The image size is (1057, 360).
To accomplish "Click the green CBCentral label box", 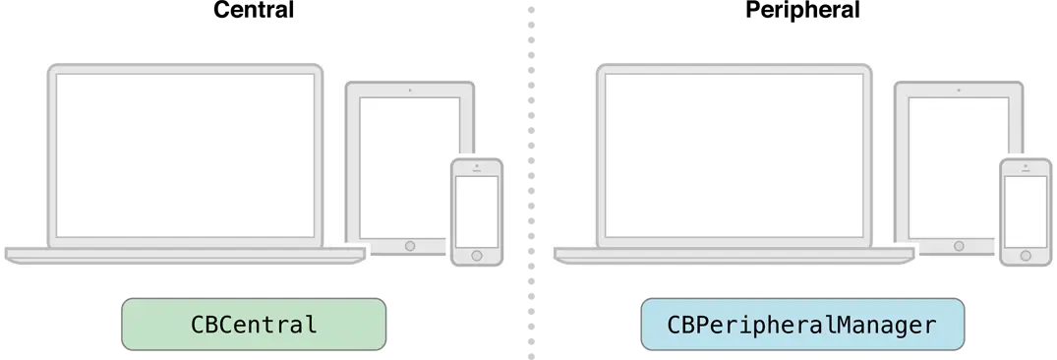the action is click(253, 326).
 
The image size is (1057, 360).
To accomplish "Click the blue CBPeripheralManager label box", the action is click(802, 326).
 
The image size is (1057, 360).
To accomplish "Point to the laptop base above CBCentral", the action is click(185, 255).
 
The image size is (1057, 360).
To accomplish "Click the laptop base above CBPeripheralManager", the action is click(734, 255).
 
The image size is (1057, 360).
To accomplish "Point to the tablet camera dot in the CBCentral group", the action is click(410, 90).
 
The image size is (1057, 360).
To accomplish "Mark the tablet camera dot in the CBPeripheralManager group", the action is click(959, 90).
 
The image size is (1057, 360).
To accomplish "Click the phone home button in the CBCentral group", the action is click(477, 254).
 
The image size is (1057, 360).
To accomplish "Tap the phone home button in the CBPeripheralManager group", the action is click(1026, 254).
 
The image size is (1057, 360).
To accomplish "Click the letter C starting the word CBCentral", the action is click(197, 326).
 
